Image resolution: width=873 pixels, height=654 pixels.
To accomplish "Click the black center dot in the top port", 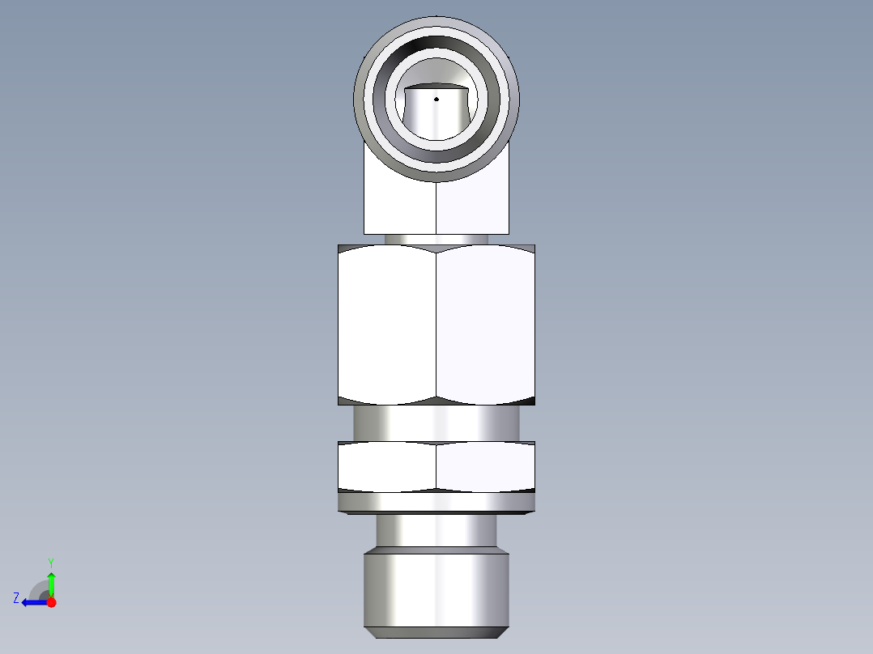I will [436, 99].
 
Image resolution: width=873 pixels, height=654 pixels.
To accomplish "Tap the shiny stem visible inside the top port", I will [436, 117].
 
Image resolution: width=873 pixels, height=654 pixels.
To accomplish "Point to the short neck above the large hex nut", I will [436, 239].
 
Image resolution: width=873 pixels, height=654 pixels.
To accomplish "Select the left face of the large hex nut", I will [387, 324].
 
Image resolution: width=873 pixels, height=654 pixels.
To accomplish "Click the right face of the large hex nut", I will [486, 324].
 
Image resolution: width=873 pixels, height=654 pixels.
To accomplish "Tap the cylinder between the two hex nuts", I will [436, 423].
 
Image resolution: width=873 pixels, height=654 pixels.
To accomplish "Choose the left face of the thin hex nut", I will [387, 466].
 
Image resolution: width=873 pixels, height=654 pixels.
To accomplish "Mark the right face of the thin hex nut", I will [486, 466].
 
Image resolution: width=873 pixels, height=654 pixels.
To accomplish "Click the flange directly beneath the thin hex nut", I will [436, 503].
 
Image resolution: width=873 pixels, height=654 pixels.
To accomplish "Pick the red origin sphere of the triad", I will [51, 602].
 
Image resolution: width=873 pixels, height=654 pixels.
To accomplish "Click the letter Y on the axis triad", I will [50, 562].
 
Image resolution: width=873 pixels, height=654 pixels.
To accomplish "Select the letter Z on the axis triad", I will [16, 598].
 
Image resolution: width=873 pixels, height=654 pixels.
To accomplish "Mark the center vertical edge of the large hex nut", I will [436, 324].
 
